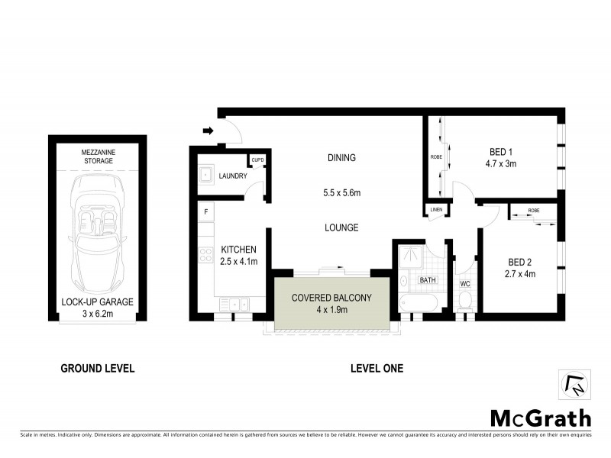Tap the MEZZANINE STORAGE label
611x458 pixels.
click(97, 157)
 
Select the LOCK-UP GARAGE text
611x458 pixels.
click(97, 302)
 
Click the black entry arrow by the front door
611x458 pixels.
click(207, 131)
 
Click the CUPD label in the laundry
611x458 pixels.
click(257, 160)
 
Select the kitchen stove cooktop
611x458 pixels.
click(205, 256)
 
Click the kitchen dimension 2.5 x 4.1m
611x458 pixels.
click(239, 261)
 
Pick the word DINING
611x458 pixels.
click(341, 158)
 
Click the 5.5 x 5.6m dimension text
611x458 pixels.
click(341, 194)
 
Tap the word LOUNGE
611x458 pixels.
click(341, 227)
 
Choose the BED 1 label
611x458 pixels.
click(500, 151)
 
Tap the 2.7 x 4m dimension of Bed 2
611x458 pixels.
click(522, 273)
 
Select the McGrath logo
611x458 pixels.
click(539, 418)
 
